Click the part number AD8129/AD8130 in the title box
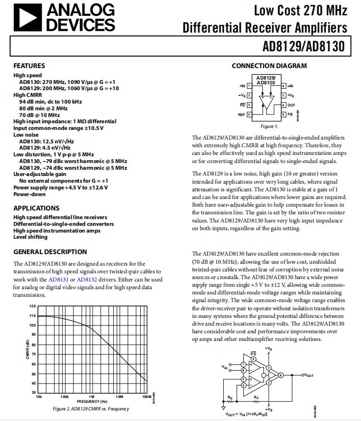303,47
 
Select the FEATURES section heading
29,66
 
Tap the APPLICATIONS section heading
36,208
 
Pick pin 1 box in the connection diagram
250,86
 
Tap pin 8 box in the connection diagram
284,86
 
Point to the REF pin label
241,115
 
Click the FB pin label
290,115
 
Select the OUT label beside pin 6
291,105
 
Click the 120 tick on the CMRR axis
32,306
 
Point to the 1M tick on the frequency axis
91,397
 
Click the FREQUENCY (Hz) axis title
92,401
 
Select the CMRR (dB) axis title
28,349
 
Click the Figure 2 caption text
91,409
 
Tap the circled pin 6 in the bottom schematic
281,375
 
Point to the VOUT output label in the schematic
308,375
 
